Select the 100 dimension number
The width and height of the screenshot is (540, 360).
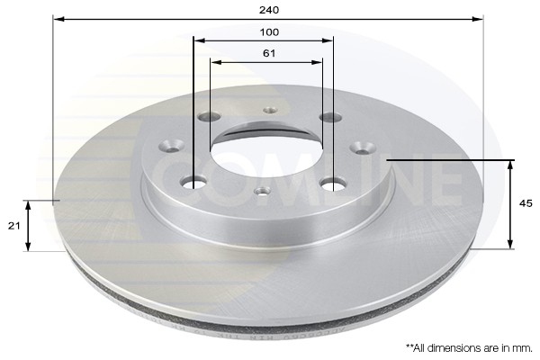click(x=270, y=32)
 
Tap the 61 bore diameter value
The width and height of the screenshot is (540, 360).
click(x=269, y=54)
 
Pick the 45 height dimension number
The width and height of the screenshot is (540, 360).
click(x=526, y=203)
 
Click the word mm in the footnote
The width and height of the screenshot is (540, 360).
click(x=523, y=346)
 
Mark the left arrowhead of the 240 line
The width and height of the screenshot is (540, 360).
click(x=57, y=18)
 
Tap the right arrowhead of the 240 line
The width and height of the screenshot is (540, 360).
click(x=481, y=18)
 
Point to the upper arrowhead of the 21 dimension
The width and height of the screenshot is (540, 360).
click(x=29, y=204)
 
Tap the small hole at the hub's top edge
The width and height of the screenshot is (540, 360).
click(x=269, y=110)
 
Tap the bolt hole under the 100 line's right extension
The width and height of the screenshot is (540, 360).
click(x=332, y=184)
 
